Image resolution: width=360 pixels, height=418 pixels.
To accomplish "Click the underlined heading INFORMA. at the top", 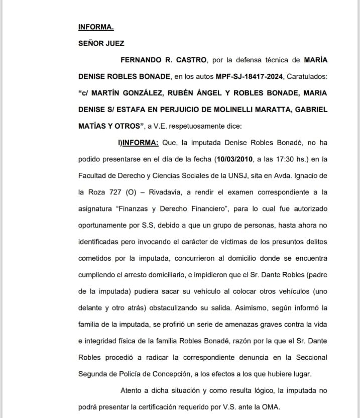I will tap(96, 27).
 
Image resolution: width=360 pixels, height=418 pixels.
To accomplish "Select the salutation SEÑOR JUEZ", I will tap(101, 43).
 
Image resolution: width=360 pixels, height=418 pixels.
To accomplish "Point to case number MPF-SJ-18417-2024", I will tap(249, 76).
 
